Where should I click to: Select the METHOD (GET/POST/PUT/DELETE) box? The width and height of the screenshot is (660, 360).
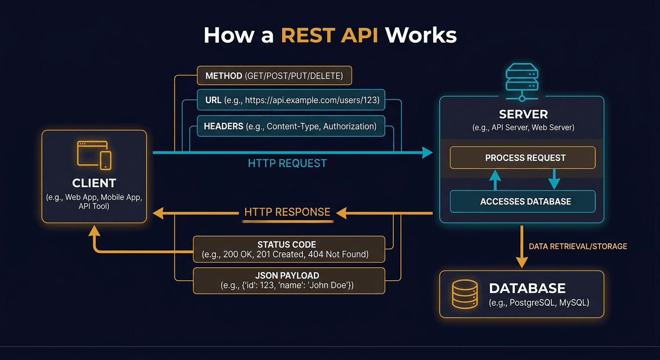pyautogui.click(x=274, y=75)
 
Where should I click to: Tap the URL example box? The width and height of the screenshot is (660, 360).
pyautogui.click(x=291, y=100)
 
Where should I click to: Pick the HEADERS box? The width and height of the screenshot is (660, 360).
pyautogui.click(x=291, y=126)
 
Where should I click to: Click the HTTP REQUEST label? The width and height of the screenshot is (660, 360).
pyautogui.click(x=287, y=163)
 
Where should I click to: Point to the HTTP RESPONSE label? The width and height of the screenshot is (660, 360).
pyautogui.click(x=287, y=212)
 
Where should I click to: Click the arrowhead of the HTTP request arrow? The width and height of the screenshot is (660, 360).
pyautogui.click(x=427, y=152)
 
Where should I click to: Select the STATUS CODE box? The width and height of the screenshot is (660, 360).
pyautogui.click(x=289, y=249)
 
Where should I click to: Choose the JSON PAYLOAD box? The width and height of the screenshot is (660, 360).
pyautogui.click(x=289, y=280)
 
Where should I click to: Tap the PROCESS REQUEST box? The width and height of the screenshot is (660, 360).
pyautogui.click(x=522, y=158)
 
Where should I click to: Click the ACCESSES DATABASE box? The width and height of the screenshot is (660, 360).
pyautogui.click(x=522, y=202)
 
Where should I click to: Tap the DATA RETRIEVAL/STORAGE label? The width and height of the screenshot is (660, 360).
pyautogui.click(x=577, y=246)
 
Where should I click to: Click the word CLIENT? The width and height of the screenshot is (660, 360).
pyautogui.click(x=94, y=183)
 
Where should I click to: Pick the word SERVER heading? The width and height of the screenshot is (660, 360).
pyautogui.click(x=523, y=114)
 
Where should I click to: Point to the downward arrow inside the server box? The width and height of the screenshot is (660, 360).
pyautogui.click(x=554, y=179)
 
